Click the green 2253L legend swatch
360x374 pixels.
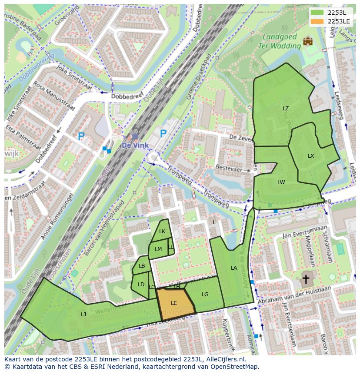pos(318,13)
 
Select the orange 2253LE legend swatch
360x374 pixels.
pos(318,21)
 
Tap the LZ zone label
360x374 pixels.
pos(286,109)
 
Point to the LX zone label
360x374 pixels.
pos(311,156)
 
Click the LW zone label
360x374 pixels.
pos(281,182)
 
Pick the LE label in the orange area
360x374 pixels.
pos(174,303)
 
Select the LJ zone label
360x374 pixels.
pos(83,314)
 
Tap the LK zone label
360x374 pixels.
pos(162,232)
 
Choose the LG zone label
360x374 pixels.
pos(205,295)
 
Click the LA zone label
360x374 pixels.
pos(234,268)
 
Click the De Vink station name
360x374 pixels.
pos(135,146)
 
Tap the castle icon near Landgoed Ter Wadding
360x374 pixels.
pos(308,41)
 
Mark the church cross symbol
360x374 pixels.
pos(306,279)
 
